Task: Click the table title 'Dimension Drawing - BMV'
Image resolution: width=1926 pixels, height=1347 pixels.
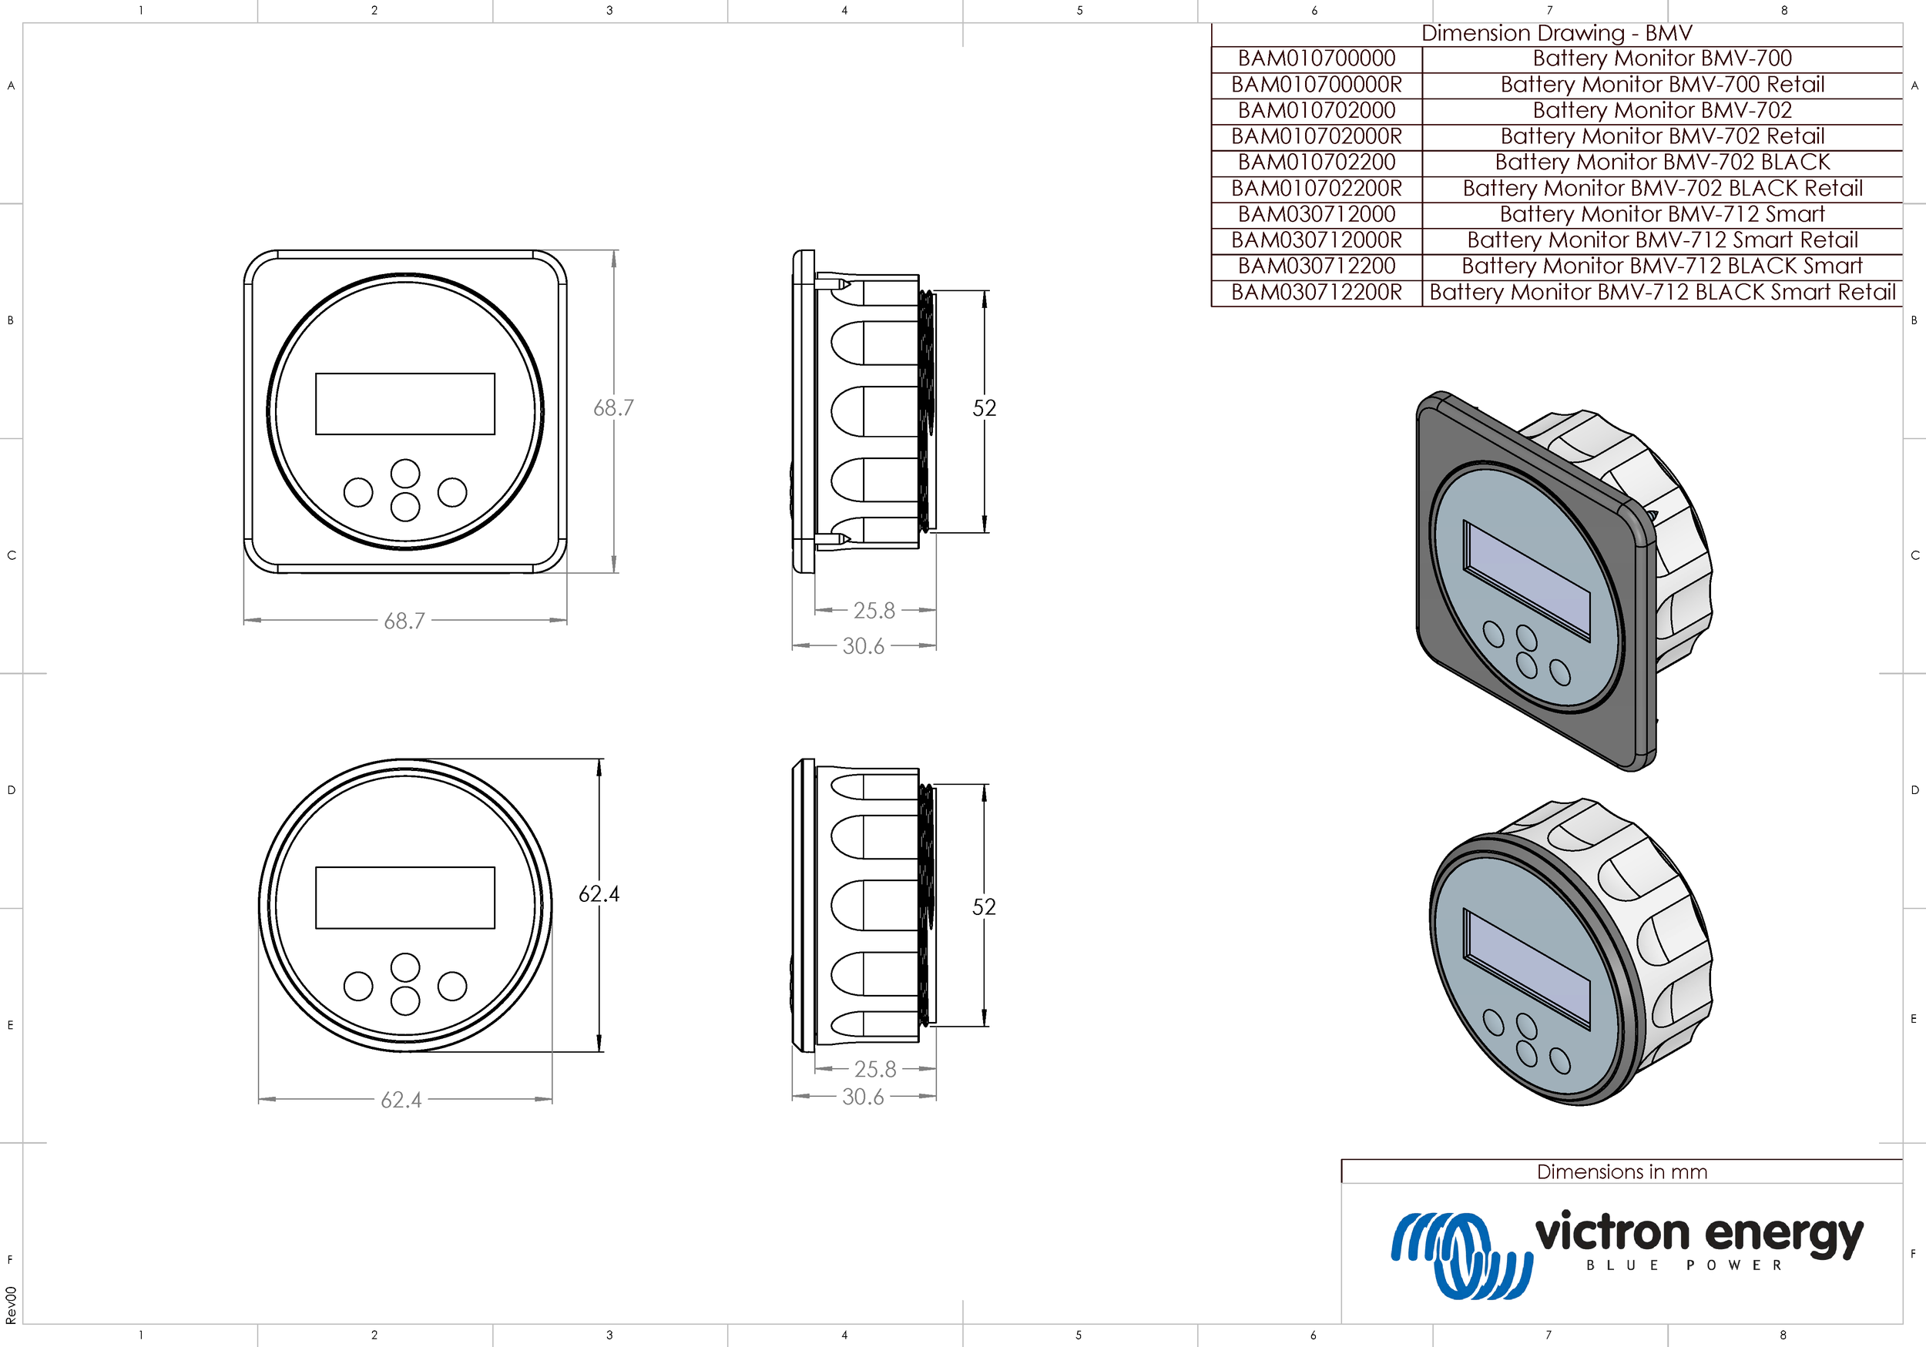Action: tap(1556, 34)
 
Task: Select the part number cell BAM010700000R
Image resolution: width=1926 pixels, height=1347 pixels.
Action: tap(1316, 85)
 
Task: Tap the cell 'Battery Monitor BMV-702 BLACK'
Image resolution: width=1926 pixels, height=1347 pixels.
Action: tap(1662, 162)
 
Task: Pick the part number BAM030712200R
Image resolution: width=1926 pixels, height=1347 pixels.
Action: tap(1316, 292)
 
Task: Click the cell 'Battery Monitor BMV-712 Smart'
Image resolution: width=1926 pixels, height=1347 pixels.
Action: tap(1662, 214)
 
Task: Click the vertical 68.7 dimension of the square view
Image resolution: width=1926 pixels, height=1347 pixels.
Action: tap(613, 407)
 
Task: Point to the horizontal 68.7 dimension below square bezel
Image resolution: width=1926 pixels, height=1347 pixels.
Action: tap(404, 621)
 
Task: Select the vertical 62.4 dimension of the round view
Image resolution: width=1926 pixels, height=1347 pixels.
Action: tap(599, 894)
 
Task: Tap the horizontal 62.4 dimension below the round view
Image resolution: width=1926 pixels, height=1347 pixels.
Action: tap(401, 1100)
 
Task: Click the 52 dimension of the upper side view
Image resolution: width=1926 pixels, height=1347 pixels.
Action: tap(984, 408)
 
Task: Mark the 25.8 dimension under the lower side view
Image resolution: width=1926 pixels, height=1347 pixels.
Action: tap(875, 1070)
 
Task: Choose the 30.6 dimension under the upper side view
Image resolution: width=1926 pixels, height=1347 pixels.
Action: tap(863, 646)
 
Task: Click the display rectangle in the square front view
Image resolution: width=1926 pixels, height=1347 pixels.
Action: tap(405, 404)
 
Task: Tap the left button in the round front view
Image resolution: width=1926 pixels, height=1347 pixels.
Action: tap(358, 986)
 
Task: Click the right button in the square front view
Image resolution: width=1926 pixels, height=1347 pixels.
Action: tap(452, 492)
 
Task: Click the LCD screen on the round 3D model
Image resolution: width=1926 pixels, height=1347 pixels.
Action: tap(1527, 967)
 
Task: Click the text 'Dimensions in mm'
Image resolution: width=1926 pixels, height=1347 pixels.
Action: tap(1622, 1171)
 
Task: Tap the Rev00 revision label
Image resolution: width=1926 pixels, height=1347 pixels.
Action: tap(11, 1305)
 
